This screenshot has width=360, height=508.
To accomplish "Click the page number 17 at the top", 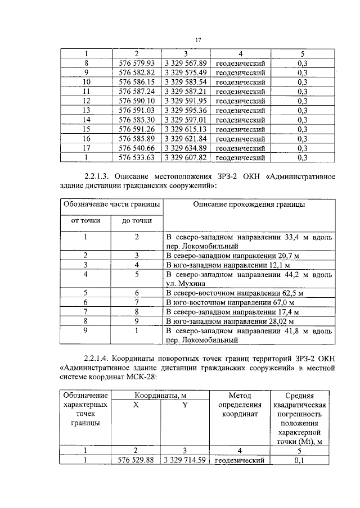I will point(198,40).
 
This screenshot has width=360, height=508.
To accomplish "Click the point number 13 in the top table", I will point(87,110).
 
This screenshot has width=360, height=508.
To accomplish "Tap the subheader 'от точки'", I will point(85,221).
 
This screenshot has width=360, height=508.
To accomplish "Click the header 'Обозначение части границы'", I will point(111,205).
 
